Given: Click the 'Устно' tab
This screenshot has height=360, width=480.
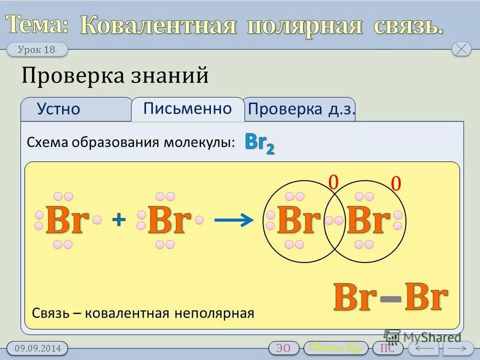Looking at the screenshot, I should pyautogui.click(x=58, y=109).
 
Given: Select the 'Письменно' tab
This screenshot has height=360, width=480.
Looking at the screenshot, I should pyautogui.click(x=187, y=108).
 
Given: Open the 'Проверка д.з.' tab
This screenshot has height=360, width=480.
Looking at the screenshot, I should pyautogui.click(x=301, y=109).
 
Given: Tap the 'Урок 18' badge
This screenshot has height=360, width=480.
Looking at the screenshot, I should pyautogui.click(x=36, y=49).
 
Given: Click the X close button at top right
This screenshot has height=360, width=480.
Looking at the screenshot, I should pyautogui.click(x=461, y=49).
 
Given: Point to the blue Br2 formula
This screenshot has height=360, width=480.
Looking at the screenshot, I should pyautogui.click(x=259, y=143).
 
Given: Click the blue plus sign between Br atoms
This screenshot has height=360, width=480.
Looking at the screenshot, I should pyautogui.click(x=118, y=219).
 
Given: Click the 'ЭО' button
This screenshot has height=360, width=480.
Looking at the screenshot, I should pyautogui.click(x=283, y=348).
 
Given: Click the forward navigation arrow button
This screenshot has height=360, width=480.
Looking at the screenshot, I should pyautogui.click(x=458, y=348).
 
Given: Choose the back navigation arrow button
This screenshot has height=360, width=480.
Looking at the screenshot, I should pyautogui.click(x=423, y=348).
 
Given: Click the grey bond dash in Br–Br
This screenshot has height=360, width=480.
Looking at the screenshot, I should pyautogui.click(x=390, y=298).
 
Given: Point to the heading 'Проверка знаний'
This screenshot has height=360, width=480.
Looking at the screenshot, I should pyautogui.click(x=115, y=76).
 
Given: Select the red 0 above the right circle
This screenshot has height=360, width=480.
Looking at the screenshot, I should pyautogui.click(x=396, y=184).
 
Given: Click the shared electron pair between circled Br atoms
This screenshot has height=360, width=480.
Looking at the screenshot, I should pyautogui.click(x=333, y=220).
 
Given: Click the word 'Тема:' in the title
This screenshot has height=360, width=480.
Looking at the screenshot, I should pyautogui.click(x=37, y=25).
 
